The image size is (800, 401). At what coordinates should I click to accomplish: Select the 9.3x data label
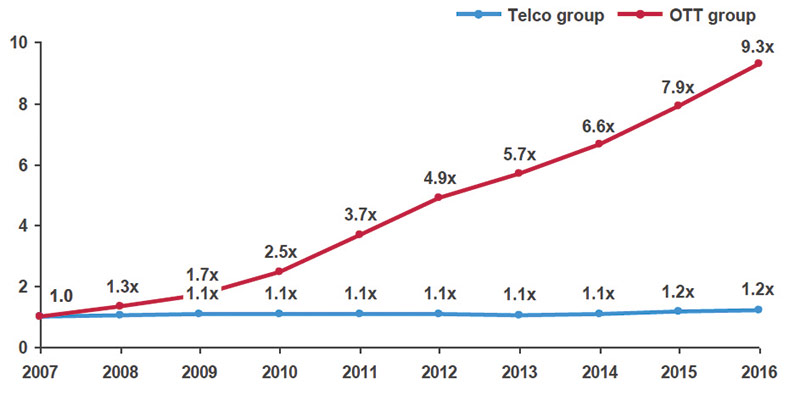coord(758,44)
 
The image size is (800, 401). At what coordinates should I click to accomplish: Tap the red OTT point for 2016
coord(758,63)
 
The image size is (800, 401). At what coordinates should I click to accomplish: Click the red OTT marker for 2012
coord(438,197)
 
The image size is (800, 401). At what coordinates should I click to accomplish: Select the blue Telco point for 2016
coord(758,310)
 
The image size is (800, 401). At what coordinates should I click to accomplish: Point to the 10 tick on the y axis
coord(17,43)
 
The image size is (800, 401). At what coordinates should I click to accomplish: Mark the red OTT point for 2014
coord(598,144)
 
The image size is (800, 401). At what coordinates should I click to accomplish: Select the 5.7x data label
coord(518,154)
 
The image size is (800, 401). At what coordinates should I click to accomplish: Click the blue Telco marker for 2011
coord(359,314)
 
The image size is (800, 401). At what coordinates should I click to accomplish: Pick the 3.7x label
coord(359,214)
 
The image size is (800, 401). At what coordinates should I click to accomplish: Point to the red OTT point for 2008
coord(120,306)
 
